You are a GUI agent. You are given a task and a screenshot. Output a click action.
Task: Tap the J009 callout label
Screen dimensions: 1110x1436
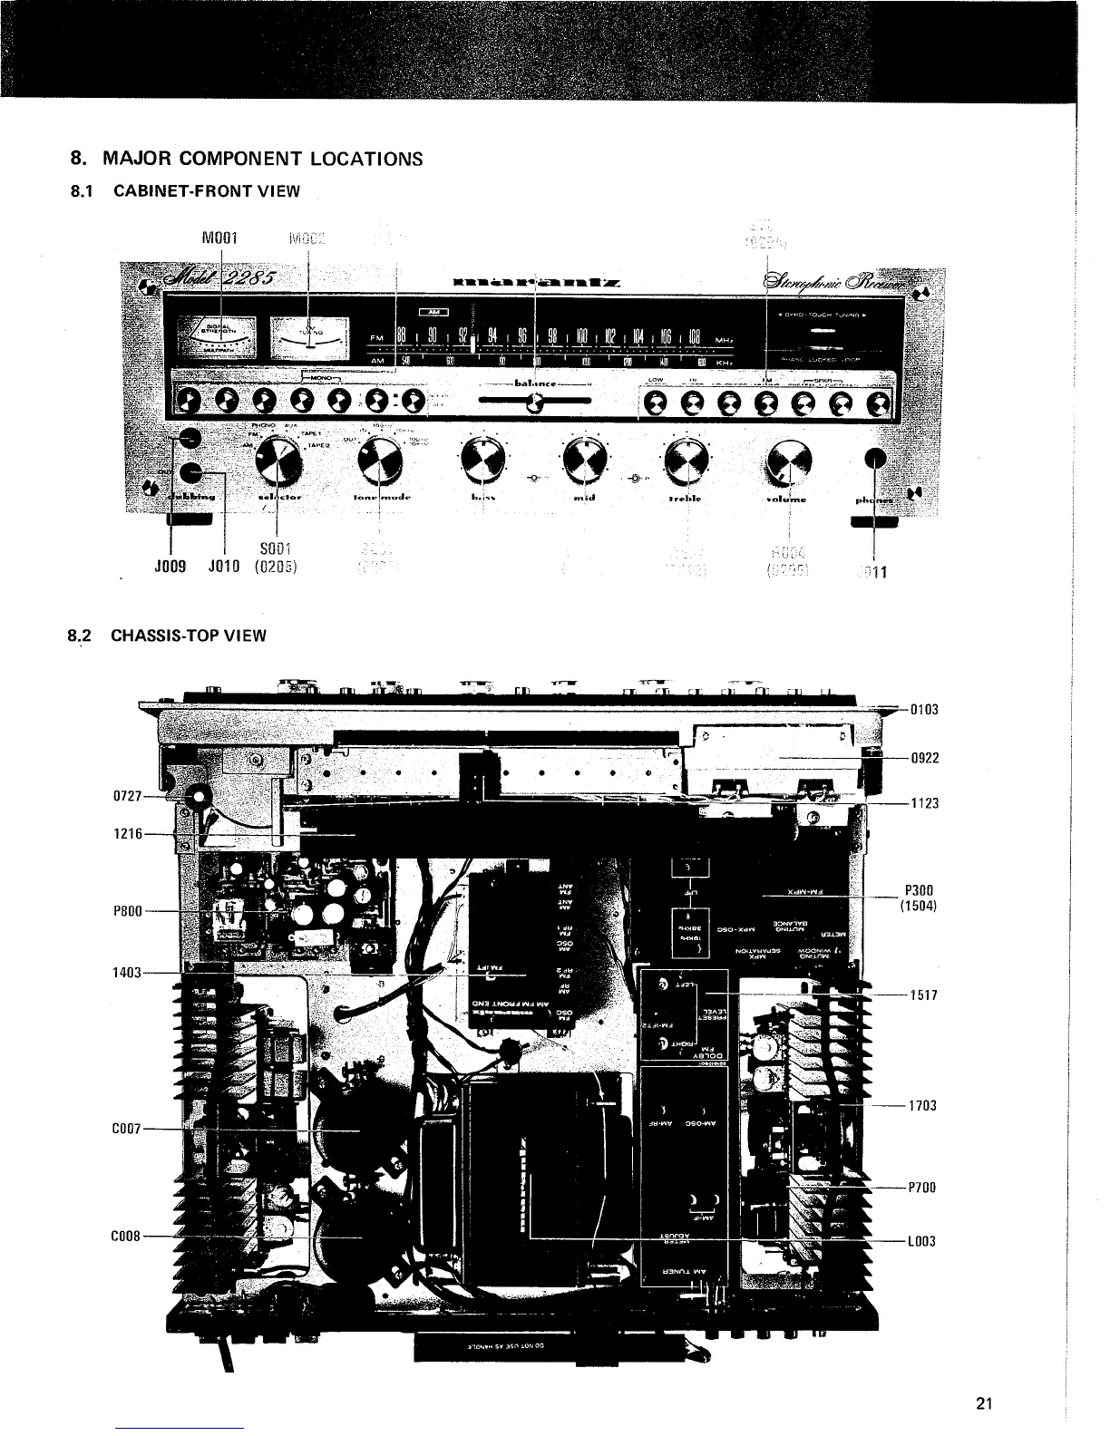170,569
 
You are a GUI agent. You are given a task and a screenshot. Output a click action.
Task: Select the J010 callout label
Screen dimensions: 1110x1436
223,569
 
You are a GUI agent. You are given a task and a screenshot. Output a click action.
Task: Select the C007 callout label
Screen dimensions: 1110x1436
124,1130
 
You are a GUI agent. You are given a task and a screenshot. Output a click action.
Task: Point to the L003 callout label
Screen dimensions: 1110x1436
922,1241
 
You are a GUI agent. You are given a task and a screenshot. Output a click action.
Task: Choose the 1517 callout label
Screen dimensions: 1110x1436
923,995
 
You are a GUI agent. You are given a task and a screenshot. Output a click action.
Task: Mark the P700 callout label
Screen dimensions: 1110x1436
922,1188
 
